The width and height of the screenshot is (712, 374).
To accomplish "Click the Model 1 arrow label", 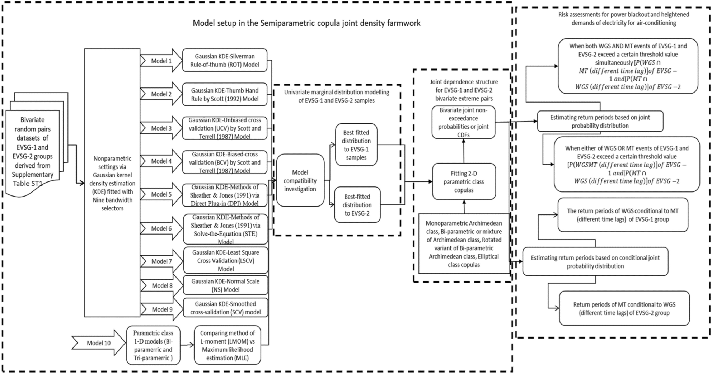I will [161, 61].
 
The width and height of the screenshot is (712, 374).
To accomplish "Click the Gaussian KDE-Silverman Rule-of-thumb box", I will [225, 61].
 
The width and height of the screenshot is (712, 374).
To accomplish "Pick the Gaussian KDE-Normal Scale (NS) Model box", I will [225, 285].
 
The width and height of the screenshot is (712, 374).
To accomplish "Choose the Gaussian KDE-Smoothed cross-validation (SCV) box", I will [225, 308].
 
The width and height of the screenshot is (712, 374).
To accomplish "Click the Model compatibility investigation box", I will [300, 180].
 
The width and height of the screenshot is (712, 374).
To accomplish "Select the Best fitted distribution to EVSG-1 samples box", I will [356, 145].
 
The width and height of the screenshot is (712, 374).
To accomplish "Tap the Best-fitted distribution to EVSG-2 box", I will [357, 205].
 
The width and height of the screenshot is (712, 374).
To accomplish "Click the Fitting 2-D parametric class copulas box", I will [464, 182].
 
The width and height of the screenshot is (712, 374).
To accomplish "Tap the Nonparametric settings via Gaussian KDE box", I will [112, 183].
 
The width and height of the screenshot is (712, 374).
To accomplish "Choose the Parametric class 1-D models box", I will [153, 345].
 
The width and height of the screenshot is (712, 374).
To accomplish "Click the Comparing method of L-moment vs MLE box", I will [227, 345].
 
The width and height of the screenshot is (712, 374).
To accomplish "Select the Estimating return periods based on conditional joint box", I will [595, 262].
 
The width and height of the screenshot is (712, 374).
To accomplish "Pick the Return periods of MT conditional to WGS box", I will [624, 308].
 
